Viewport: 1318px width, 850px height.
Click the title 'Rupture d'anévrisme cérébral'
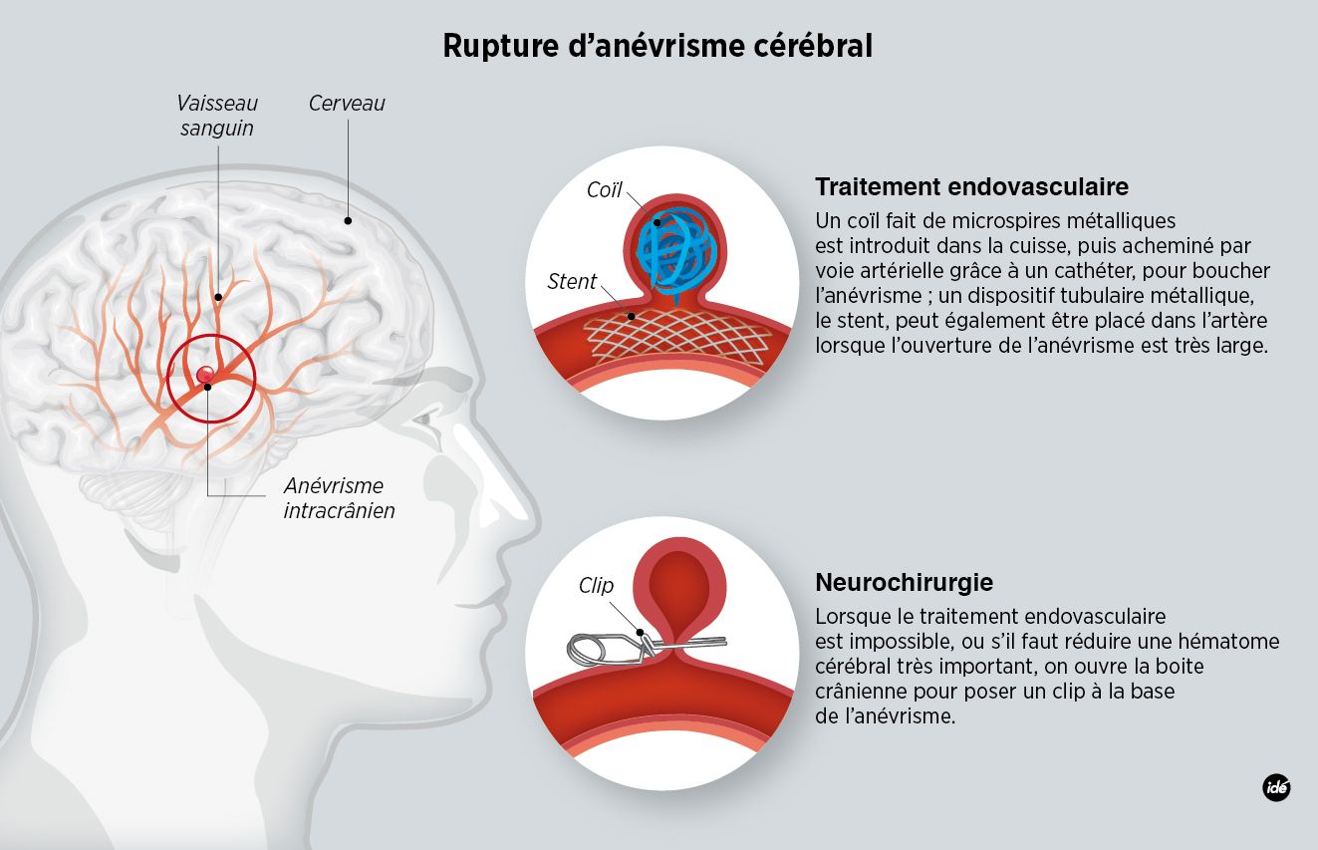[658, 46]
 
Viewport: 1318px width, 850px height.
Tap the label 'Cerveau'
[347, 104]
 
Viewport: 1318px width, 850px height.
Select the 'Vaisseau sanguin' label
[217, 116]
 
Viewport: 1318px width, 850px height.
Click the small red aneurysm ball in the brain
[206, 374]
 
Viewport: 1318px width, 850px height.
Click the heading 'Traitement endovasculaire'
[971, 187]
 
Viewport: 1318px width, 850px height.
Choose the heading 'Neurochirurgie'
[904, 583]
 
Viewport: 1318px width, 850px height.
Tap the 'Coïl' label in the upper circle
[604, 190]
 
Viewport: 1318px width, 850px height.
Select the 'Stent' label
[572, 282]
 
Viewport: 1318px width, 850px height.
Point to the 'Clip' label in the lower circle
[596, 586]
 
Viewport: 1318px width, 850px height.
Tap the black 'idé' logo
[1276, 786]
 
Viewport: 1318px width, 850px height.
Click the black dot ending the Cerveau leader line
[348, 220]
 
